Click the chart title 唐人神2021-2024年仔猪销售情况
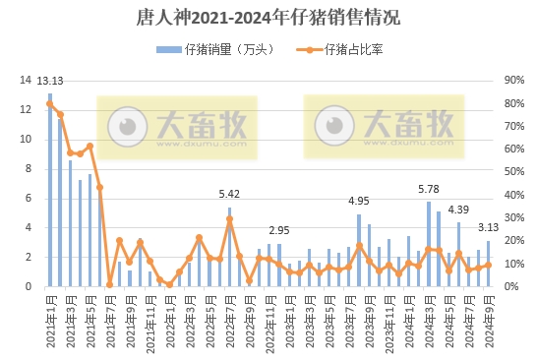(x=268, y=18)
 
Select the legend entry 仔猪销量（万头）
(x=212, y=50)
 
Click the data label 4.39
(x=459, y=210)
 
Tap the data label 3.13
(x=489, y=228)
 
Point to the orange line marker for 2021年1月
(x=50, y=104)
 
